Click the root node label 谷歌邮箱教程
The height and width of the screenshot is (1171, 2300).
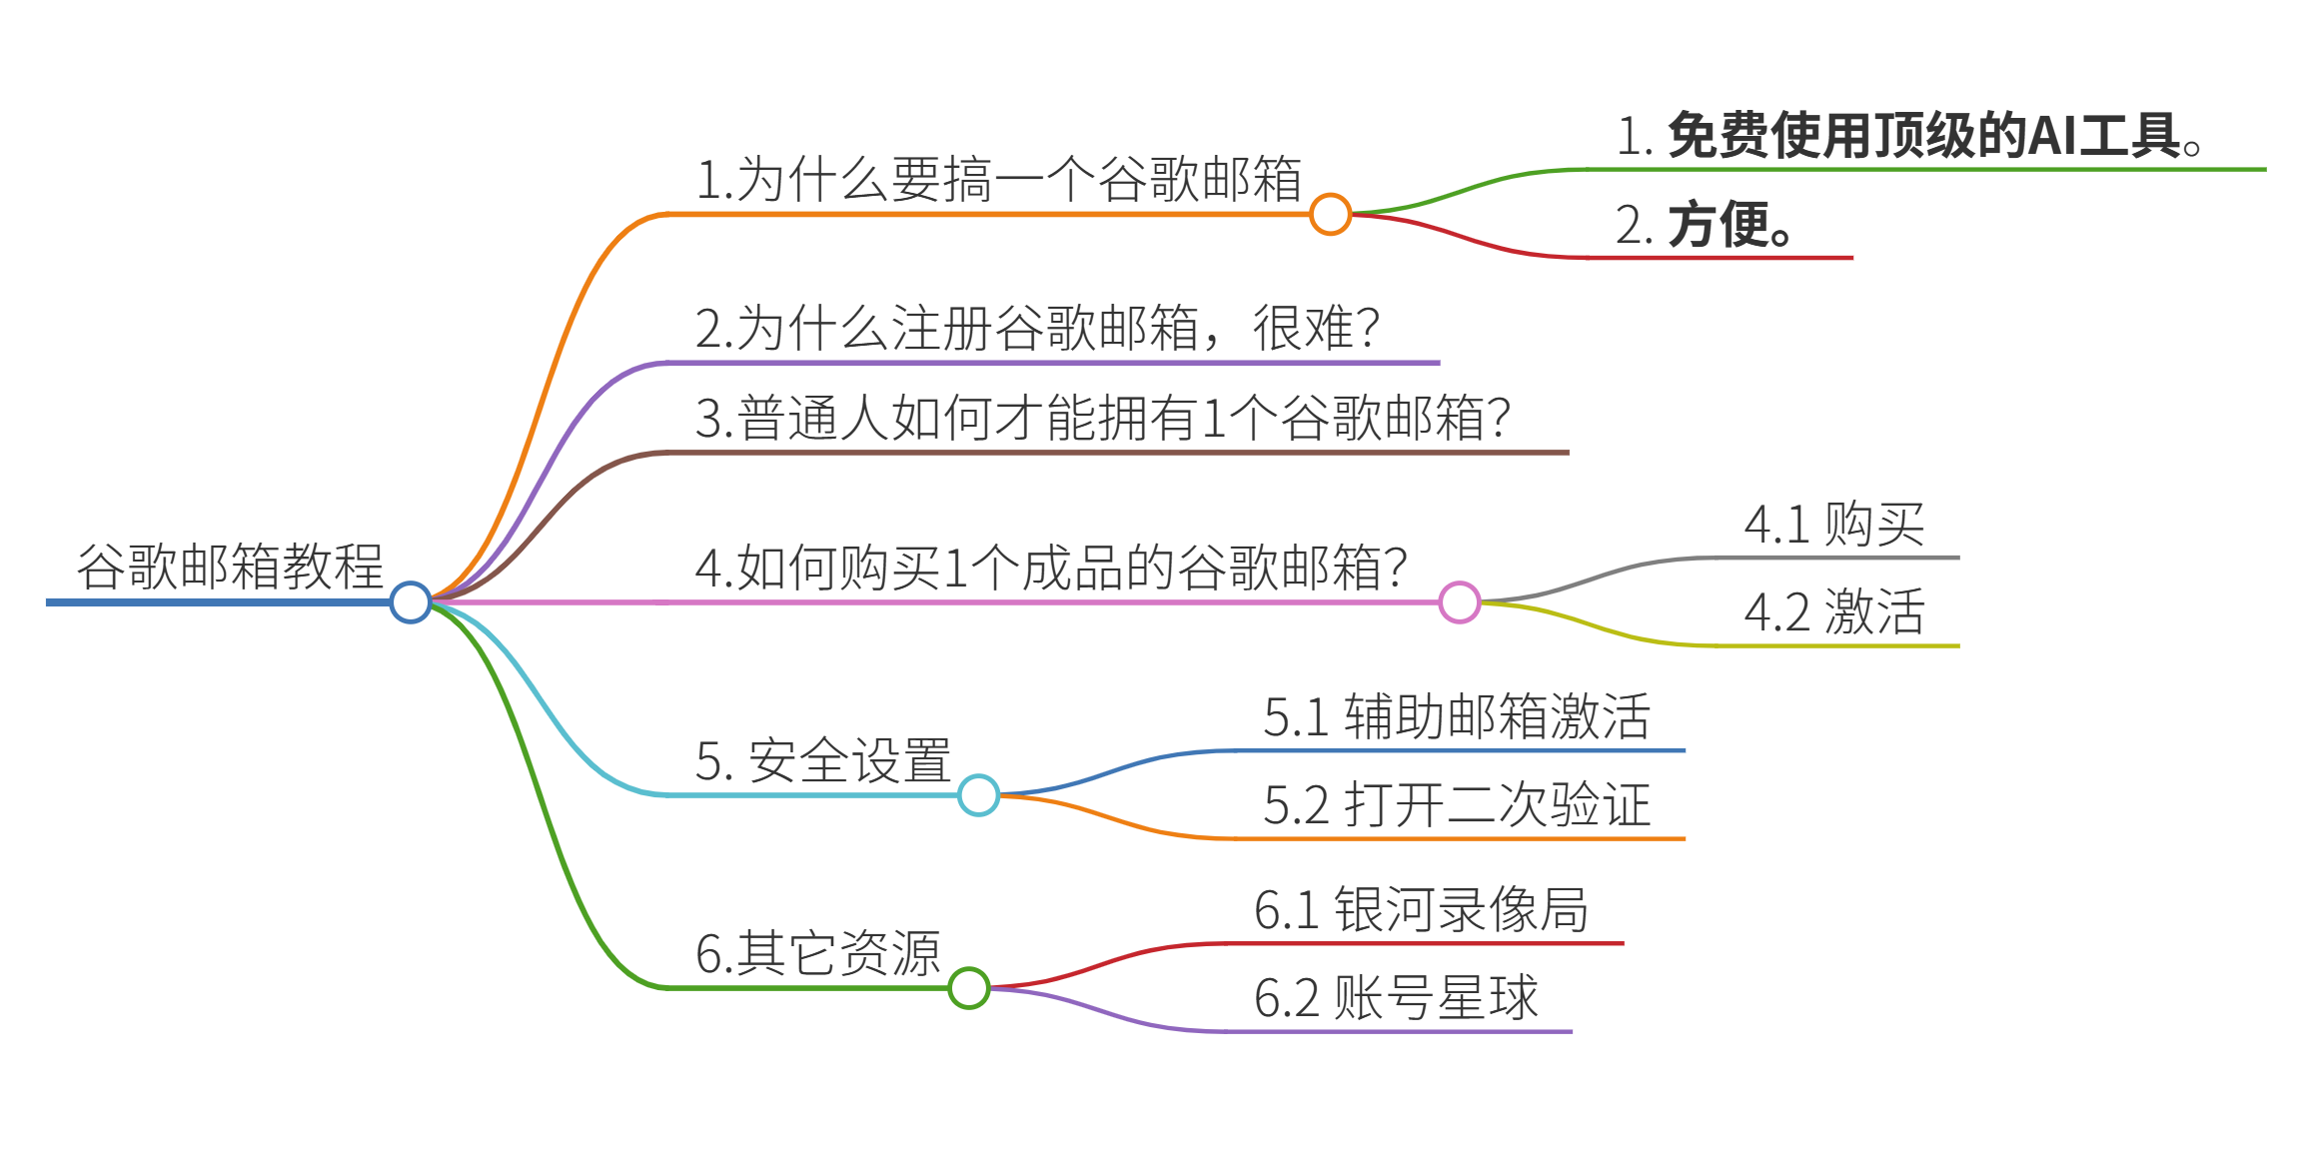click(x=230, y=567)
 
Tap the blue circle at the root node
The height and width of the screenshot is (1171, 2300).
click(x=411, y=602)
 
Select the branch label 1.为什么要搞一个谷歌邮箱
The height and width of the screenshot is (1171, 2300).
click(x=998, y=180)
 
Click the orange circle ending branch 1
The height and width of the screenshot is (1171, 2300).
click(x=1331, y=214)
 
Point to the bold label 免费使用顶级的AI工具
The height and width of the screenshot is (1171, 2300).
click(x=1908, y=136)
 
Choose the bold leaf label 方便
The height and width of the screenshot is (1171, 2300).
click(x=1704, y=225)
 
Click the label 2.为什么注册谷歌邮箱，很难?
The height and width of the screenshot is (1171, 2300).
click(x=1037, y=328)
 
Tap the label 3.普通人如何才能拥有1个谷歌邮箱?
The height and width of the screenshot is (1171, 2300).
click(x=1102, y=418)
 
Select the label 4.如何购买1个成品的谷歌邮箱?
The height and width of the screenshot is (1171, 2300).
click(x=1051, y=568)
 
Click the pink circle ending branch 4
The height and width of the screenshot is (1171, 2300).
click(x=1460, y=602)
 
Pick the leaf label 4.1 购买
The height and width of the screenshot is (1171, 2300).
click(x=1834, y=524)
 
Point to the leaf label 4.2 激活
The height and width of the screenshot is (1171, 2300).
click(x=1834, y=611)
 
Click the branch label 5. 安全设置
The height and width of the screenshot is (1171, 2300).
click(x=822, y=760)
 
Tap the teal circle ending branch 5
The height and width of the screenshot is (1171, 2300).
click(x=979, y=795)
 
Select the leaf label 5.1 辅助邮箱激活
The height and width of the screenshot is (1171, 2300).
click(x=1457, y=716)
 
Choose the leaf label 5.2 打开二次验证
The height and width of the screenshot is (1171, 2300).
click(x=1457, y=804)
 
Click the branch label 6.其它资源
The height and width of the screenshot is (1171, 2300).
click(x=817, y=953)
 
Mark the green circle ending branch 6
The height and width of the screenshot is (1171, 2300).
click(x=969, y=988)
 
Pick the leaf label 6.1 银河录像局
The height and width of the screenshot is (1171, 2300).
click(x=1421, y=909)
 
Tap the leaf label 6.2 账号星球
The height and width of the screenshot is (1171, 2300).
click(x=1396, y=997)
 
